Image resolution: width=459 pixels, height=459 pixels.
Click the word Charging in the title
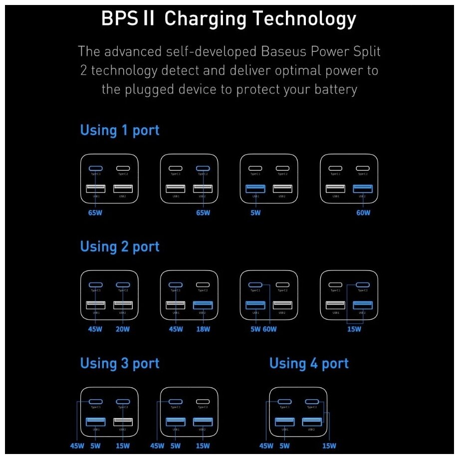(205, 20)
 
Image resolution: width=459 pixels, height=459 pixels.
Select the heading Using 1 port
(120, 131)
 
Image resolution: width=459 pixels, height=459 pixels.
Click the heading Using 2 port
(120, 247)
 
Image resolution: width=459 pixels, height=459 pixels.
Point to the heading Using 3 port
(120, 364)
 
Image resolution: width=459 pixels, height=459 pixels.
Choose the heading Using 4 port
(309, 364)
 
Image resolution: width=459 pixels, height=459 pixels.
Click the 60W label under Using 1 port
(363, 213)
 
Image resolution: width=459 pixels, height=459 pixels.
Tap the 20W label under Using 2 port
(123, 329)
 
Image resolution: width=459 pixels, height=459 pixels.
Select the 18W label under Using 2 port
(203, 329)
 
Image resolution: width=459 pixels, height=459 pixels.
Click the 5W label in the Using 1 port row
(255, 213)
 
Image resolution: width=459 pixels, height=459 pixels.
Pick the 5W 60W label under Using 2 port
(263, 329)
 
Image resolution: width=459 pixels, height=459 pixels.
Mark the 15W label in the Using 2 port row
(354, 329)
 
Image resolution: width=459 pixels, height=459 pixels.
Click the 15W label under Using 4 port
(329, 446)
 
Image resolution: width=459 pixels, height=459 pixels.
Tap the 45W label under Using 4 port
(266, 446)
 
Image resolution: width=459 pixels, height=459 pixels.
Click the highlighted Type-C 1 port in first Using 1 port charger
(96, 169)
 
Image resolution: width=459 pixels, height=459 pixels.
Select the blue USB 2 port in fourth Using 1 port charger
(362, 189)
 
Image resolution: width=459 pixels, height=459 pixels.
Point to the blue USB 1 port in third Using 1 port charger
(255, 189)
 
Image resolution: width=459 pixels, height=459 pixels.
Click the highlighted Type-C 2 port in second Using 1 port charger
(203, 169)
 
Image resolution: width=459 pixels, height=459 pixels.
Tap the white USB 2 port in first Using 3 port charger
(123, 422)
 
